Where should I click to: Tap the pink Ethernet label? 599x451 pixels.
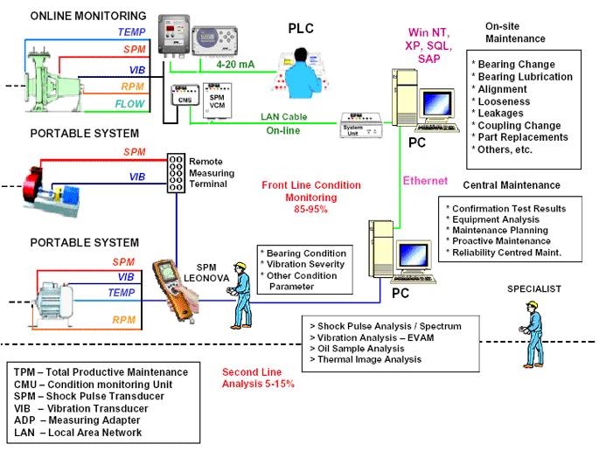(x=424, y=181)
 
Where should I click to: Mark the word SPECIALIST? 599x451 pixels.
(x=533, y=288)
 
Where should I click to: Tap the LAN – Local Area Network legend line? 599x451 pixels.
(x=78, y=433)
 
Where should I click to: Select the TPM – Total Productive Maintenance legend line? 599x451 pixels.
(x=101, y=373)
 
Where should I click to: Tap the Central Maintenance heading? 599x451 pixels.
(x=511, y=185)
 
